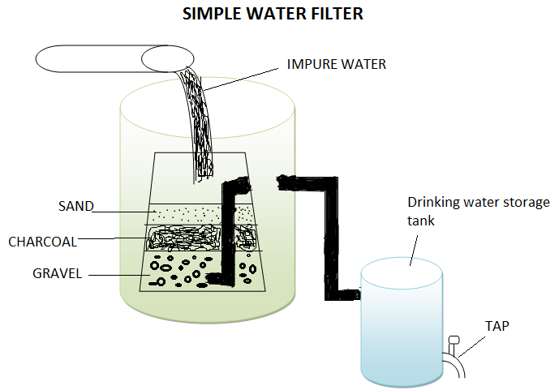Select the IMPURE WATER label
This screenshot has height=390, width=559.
(x=336, y=64)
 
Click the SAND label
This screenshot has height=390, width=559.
(x=76, y=206)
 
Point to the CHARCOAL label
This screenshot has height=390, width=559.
(x=42, y=242)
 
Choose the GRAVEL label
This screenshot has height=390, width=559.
(x=57, y=273)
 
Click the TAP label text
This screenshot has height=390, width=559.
(x=497, y=326)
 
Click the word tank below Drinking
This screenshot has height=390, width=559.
(x=421, y=221)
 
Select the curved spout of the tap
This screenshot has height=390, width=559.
(x=456, y=363)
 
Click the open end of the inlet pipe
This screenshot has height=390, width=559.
(x=168, y=58)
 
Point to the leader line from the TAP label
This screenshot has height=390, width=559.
(x=471, y=346)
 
